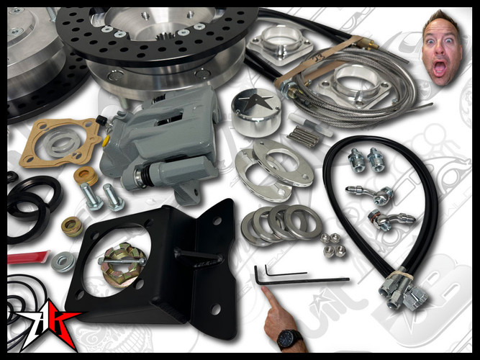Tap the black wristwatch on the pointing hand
pos(289,337)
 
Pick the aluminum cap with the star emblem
pos(255,111)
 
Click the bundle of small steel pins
pos(303,136)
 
